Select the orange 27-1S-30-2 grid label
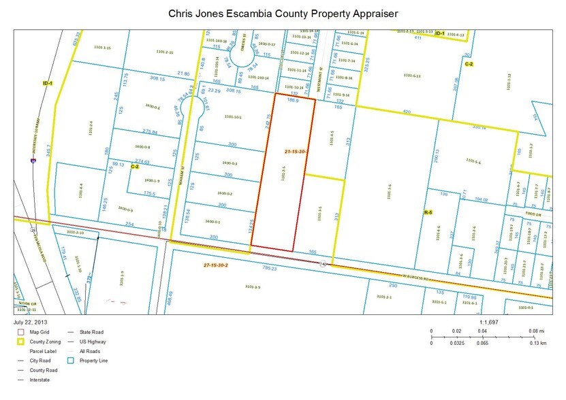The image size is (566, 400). pyautogui.click(x=219, y=263)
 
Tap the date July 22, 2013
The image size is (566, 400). pyautogui.click(x=29, y=321)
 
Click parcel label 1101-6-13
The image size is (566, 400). pyautogui.click(x=412, y=76)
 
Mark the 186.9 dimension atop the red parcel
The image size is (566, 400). pyautogui.click(x=293, y=99)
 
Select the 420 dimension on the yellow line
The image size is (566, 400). pyautogui.click(x=407, y=110)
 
